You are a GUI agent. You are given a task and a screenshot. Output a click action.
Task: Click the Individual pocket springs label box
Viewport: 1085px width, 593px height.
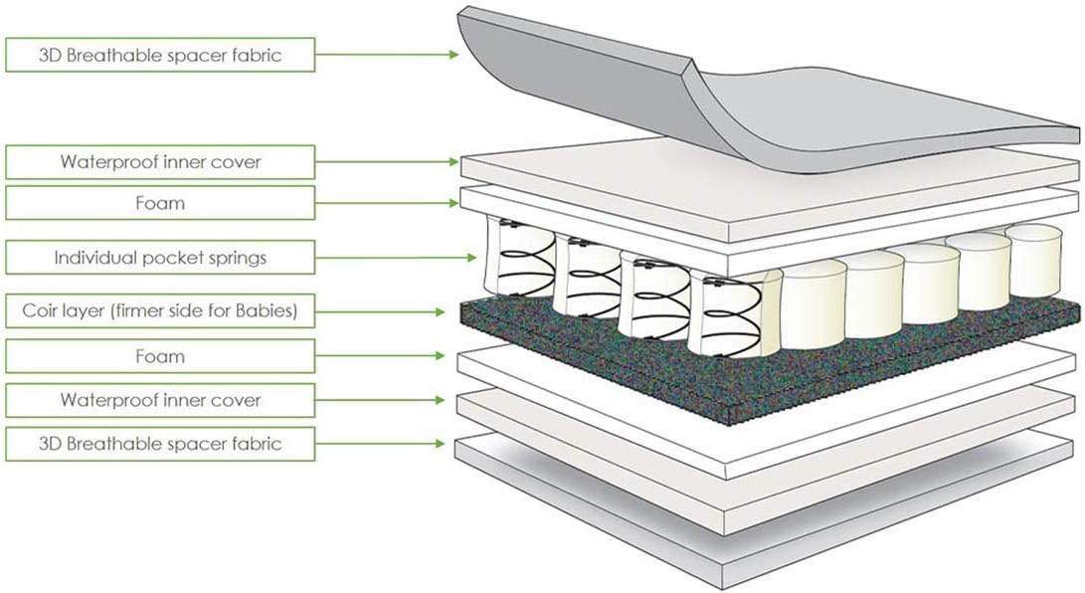click(x=160, y=258)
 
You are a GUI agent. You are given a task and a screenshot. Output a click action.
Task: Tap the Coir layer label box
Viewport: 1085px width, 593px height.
click(x=160, y=310)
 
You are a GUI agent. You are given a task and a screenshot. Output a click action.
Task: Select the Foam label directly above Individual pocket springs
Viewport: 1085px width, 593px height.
click(x=160, y=203)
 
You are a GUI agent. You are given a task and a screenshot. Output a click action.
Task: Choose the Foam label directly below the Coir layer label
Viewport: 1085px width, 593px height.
click(x=160, y=356)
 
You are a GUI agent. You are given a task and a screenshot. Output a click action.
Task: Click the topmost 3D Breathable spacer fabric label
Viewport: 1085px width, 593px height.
click(x=160, y=55)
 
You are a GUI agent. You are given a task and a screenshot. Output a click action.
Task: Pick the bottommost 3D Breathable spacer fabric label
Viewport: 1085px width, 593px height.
click(x=160, y=444)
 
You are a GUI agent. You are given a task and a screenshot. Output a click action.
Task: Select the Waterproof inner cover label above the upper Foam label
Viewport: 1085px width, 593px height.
click(x=160, y=162)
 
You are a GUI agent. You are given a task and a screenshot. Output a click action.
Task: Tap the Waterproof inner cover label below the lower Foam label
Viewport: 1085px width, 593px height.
click(x=160, y=400)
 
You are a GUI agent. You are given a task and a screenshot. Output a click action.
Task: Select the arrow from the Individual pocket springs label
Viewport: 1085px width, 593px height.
click(x=396, y=258)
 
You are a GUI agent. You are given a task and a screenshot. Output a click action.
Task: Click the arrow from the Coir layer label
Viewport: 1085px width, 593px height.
click(x=380, y=311)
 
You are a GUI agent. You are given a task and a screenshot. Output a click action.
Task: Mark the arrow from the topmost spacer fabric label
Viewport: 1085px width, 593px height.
click(x=387, y=54)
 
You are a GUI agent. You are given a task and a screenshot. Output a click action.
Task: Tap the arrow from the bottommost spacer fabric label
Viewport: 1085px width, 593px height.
click(x=380, y=443)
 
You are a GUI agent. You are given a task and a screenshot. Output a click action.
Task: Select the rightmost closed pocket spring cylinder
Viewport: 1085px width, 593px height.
click(x=1033, y=261)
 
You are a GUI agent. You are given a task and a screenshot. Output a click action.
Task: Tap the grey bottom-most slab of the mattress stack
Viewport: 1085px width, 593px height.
click(x=761, y=512)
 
